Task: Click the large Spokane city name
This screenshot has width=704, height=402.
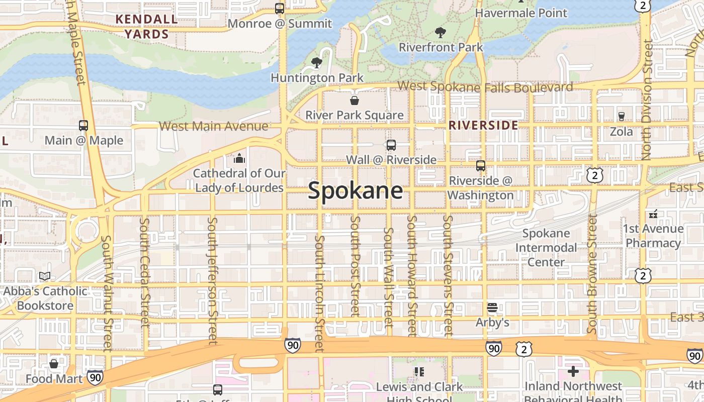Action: [x=356, y=191]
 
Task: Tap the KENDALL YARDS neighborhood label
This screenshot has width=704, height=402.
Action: [x=146, y=27]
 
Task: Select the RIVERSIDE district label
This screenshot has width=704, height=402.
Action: [x=483, y=125]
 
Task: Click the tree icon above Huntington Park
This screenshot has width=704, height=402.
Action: [x=317, y=63]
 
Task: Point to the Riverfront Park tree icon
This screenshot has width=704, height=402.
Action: [x=441, y=33]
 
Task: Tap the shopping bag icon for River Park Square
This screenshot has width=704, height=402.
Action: [x=355, y=100]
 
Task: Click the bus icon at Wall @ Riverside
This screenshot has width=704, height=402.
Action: [x=391, y=145]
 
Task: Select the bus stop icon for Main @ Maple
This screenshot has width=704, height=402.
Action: [x=83, y=126]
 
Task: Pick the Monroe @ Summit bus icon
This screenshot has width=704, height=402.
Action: [x=280, y=9]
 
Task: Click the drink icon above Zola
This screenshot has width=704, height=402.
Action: [x=621, y=117]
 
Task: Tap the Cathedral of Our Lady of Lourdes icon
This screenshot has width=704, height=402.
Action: [x=239, y=159]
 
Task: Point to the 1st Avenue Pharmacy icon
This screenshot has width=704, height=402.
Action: [x=653, y=214]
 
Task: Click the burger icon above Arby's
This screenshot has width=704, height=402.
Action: [x=492, y=307]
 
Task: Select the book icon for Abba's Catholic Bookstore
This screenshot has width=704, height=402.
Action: [x=45, y=276]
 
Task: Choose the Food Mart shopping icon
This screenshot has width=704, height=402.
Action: [x=54, y=363]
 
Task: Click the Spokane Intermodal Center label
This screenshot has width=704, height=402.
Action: [x=546, y=248]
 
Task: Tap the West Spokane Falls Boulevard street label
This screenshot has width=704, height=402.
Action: [x=485, y=86]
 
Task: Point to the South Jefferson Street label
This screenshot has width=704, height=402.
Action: [x=213, y=281]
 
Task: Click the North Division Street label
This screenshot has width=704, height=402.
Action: [x=647, y=100]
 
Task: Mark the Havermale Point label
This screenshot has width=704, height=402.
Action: [x=521, y=13]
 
